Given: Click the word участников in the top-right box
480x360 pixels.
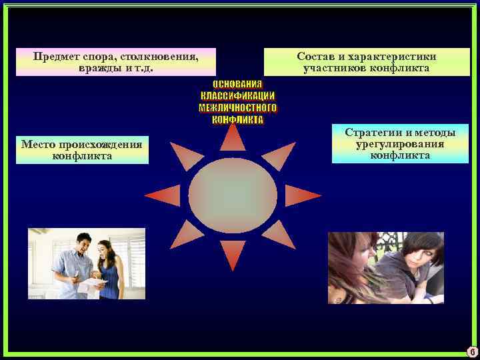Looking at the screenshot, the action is tap(334, 68).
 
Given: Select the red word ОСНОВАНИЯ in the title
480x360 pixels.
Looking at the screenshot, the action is tap(237, 84).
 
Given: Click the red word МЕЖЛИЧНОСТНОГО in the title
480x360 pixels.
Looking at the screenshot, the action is tap(237, 108).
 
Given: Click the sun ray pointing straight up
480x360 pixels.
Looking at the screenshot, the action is tap(233, 137).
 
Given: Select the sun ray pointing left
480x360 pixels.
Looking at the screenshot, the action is tap(162, 195).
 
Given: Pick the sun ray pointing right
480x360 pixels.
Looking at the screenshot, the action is tap(303, 195).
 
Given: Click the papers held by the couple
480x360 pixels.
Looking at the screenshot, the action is tap(92, 284).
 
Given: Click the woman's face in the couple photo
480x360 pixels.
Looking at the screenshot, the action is tap(105, 252).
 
